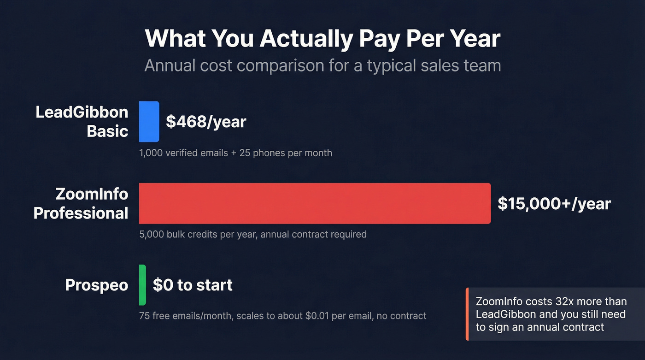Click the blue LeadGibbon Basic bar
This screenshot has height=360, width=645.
149,122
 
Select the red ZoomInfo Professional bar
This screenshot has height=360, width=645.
315,203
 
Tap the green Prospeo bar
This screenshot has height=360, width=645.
142,285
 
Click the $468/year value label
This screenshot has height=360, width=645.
206,122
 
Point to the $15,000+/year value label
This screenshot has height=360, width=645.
554,203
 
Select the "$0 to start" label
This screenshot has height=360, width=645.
193,285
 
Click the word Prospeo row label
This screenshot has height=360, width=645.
97,285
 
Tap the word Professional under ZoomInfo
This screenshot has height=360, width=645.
81,213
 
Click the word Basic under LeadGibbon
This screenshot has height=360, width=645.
107,131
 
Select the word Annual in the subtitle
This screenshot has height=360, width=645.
170,65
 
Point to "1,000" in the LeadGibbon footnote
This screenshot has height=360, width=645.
151,153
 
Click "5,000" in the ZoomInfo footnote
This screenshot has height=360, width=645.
151,234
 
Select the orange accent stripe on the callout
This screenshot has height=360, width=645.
467,314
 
